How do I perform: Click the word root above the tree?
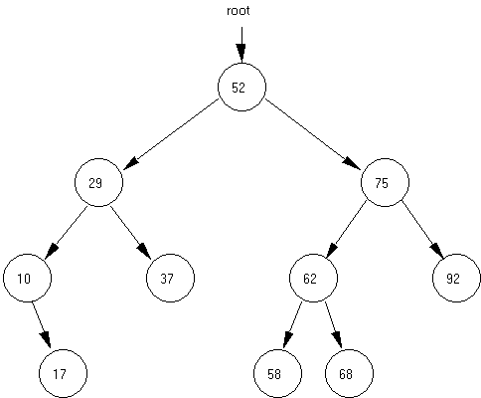(239, 11)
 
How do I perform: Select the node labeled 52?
(241, 87)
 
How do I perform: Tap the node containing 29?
(98, 182)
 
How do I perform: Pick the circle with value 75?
(385, 182)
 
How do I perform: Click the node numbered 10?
(28, 278)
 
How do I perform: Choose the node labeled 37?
(170, 278)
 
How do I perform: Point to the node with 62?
(313, 278)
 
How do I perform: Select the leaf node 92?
(456, 278)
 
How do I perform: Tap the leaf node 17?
(63, 373)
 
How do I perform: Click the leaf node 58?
(277, 373)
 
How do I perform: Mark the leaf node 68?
(349, 373)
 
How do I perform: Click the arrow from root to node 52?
(241, 45)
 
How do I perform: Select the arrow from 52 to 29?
(171, 134)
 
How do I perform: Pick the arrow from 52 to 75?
(313, 134)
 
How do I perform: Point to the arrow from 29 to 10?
(66, 233)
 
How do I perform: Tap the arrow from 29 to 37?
(131, 233)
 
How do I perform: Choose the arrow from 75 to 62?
(346, 230)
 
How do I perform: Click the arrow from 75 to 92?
(423, 230)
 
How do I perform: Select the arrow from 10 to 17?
(42, 325)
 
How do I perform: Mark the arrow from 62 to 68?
(333, 325)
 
